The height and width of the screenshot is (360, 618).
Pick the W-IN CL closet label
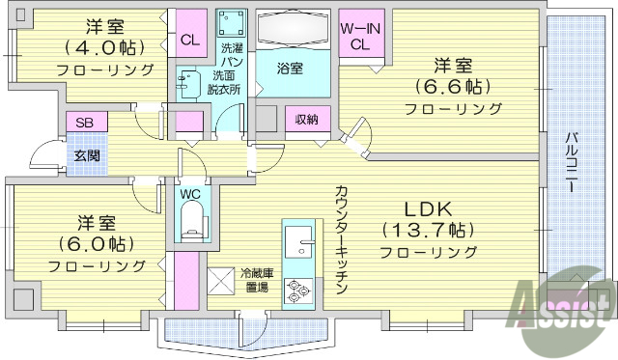click(361, 37)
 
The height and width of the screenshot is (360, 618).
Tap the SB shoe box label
click(85, 124)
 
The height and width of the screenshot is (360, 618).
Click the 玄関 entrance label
click(84, 154)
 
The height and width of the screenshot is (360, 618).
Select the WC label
click(190, 192)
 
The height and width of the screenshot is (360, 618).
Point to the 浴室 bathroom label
click(290, 69)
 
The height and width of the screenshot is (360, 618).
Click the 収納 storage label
click(308, 119)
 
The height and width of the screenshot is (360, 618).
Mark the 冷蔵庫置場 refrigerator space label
click(257, 280)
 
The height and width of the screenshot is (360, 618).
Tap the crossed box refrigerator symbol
click(222, 281)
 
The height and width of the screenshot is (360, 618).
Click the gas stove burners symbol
click(297, 288)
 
